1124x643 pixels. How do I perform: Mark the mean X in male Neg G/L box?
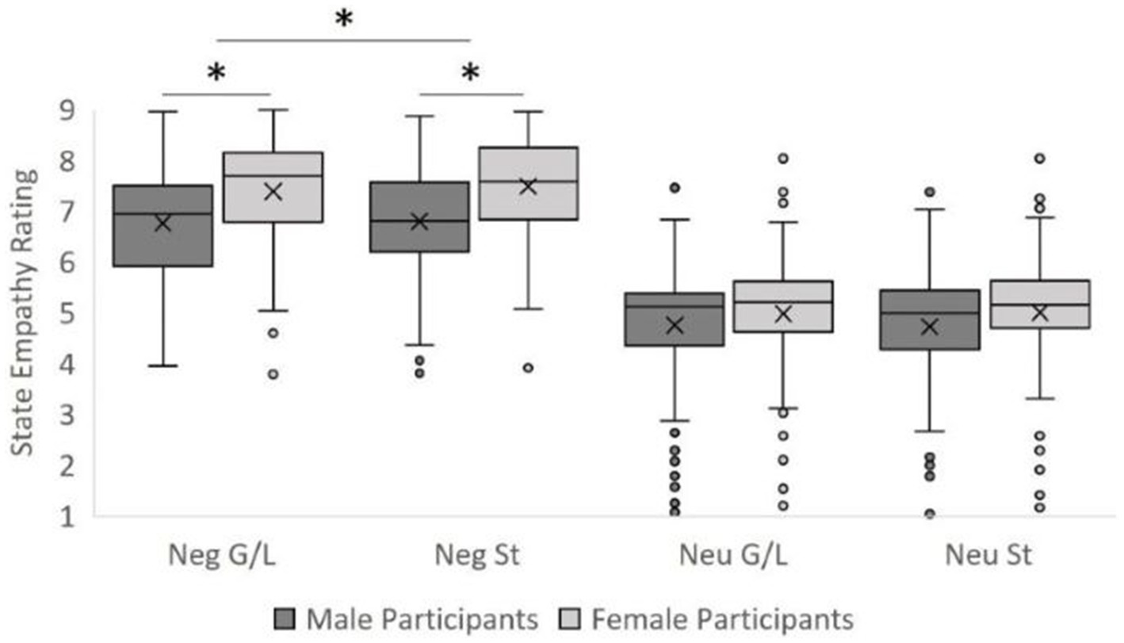[162, 223]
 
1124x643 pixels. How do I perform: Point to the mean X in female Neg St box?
[528, 186]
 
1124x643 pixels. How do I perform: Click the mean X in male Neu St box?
[930, 326]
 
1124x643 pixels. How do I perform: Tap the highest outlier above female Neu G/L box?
[783, 159]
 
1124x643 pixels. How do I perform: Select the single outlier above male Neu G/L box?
[675, 188]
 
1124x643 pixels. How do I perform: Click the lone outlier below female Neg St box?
[528, 367]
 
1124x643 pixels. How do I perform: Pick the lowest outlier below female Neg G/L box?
[273, 374]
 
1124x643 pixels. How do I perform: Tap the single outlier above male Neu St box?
[930, 192]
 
